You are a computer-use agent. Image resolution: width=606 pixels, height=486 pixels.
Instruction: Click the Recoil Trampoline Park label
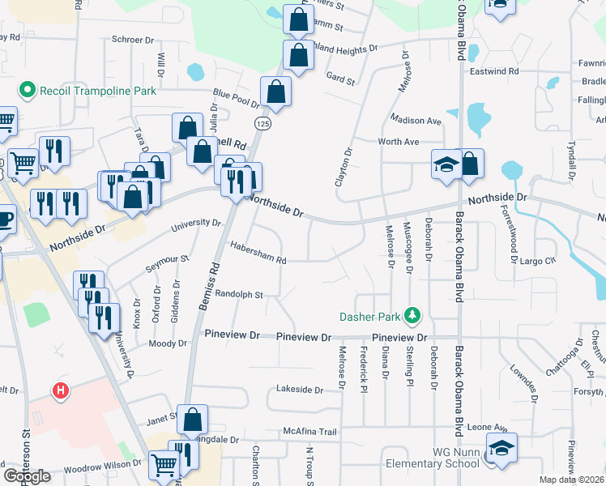(97, 91)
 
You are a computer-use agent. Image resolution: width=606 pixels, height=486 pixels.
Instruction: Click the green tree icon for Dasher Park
(413, 314)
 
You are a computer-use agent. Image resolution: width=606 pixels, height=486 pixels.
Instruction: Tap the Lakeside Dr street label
(299, 390)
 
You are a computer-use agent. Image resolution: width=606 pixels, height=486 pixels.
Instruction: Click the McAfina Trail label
(309, 432)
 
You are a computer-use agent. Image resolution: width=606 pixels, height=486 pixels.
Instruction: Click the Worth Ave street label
(398, 142)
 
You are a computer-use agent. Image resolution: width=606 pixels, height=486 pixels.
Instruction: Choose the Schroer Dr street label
(133, 39)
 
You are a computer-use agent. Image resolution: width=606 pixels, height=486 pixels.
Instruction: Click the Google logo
(27, 476)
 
